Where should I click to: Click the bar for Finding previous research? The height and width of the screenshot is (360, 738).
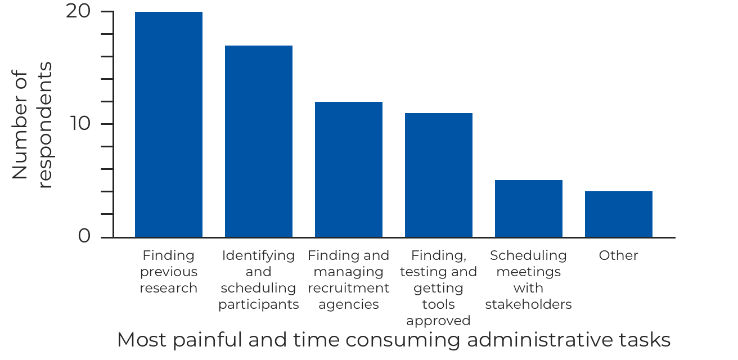(x=169, y=124)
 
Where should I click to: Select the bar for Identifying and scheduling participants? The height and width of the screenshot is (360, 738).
(x=259, y=141)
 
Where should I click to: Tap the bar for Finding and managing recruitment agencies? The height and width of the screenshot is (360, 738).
(x=349, y=169)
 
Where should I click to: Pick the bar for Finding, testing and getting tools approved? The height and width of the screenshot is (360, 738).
(x=439, y=175)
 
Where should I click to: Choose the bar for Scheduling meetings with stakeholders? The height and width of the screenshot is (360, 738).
(x=529, y=209)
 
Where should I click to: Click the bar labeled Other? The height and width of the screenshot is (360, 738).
(x=619, y=214)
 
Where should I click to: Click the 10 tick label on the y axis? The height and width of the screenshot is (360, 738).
(x=80, y=123)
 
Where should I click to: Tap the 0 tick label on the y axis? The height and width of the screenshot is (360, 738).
(x=84, y=236)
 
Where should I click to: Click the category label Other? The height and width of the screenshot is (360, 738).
(x=618, y=255)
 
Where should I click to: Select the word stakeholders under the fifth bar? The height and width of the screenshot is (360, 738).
(x=528, y=304)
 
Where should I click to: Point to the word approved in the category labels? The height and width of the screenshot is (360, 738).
(x=438, y=321)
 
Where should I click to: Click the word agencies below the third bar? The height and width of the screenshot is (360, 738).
(x=349, y=304)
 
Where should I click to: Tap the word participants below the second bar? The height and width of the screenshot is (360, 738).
(x=259, y=304)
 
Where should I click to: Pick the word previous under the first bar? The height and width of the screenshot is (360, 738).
(x=169, y=272)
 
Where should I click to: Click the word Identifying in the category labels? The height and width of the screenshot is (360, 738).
(x=258, y=255)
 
